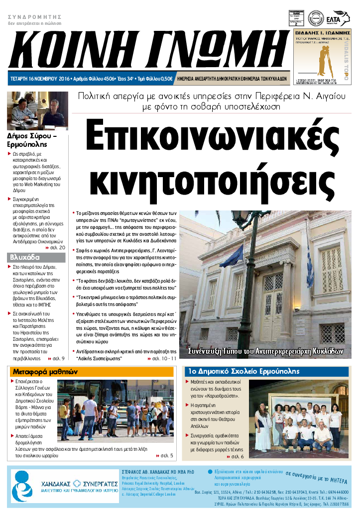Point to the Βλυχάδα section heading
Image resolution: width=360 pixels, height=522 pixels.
click(24, 257)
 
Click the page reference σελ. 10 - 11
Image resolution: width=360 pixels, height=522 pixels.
click(162, 358)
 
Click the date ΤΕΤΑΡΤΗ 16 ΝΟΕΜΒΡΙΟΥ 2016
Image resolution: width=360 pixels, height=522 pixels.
click(39, 79)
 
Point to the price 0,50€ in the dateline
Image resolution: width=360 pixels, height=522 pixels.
click(165, 79)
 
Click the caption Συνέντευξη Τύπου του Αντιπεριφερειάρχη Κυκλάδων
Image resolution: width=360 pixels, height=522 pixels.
click(266, 351)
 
